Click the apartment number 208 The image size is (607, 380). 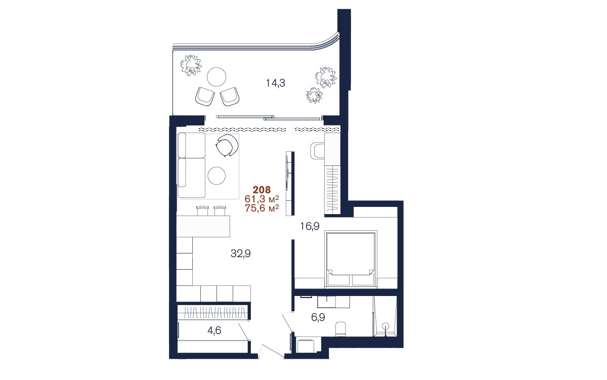[x=262, y=189]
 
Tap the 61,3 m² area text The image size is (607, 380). [x=262, y=199]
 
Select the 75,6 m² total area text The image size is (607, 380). [x=262, y=208]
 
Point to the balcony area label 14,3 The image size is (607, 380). [x=275, y=83]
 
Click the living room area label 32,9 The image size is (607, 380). [x=241, y=254]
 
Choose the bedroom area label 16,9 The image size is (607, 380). [x=310, y=226]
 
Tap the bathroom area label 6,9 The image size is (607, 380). [x=318, y=317]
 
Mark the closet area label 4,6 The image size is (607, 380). [x=214, y=330]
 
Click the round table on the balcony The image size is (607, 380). [x=216, y=77]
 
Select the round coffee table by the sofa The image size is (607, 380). [x=216, y=176]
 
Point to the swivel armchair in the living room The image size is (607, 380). [x=227, y=146]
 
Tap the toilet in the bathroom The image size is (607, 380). [x=340, y=329]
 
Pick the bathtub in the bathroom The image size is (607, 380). [x=385, y=316]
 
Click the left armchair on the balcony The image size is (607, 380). [x=205, y=97]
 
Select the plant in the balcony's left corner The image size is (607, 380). [x=191, y=65]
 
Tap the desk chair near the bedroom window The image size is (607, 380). [x=317, y=150]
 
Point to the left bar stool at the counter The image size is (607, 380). [x=202, y=210]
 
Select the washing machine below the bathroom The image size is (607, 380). [x=307, y=345]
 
